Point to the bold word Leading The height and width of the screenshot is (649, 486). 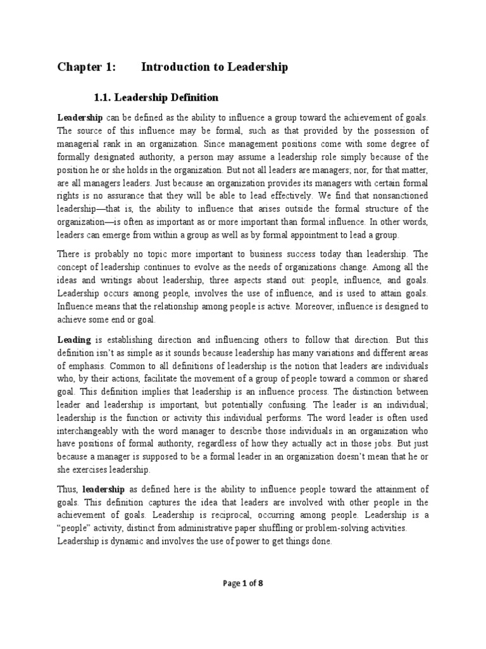point(74,340)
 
